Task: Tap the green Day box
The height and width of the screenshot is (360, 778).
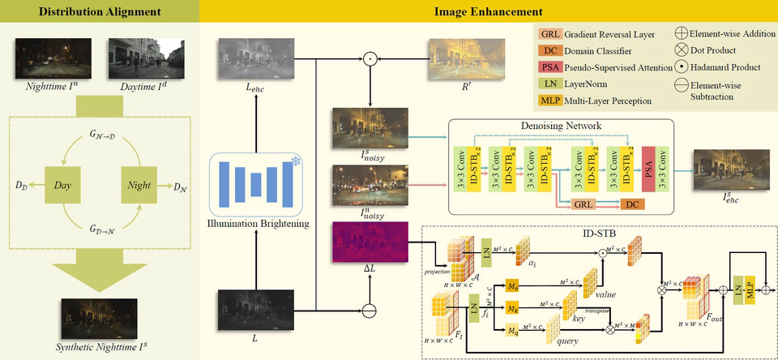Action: pos(62,186)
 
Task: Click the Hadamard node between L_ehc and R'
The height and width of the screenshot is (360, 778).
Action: pos(370,58)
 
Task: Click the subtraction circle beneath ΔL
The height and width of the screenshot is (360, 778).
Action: pos(370,310)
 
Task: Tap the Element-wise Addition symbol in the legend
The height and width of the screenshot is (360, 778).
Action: pos(682,33)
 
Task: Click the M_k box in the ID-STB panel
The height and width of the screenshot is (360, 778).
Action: pos(512,308)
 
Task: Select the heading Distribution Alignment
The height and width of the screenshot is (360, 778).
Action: pos(99,12)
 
